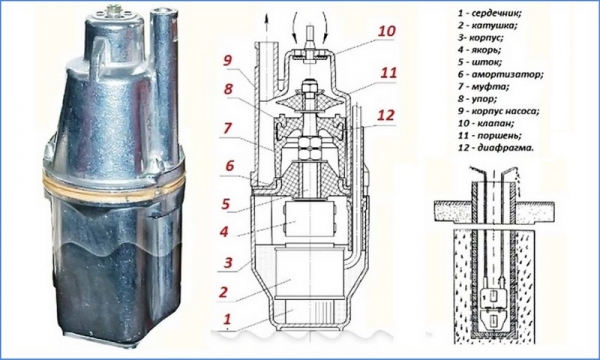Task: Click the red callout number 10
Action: coord(386,31)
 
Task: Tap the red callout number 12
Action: coord(386,114)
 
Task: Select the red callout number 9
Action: coord(228,60)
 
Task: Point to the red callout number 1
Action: coord(228,319)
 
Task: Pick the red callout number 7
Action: coord(227,128)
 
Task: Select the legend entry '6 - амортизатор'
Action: coord(500,74)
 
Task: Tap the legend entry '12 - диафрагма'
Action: coord(495,148)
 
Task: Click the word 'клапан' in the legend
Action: coord(496,123)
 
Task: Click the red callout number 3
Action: coord(228,263)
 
